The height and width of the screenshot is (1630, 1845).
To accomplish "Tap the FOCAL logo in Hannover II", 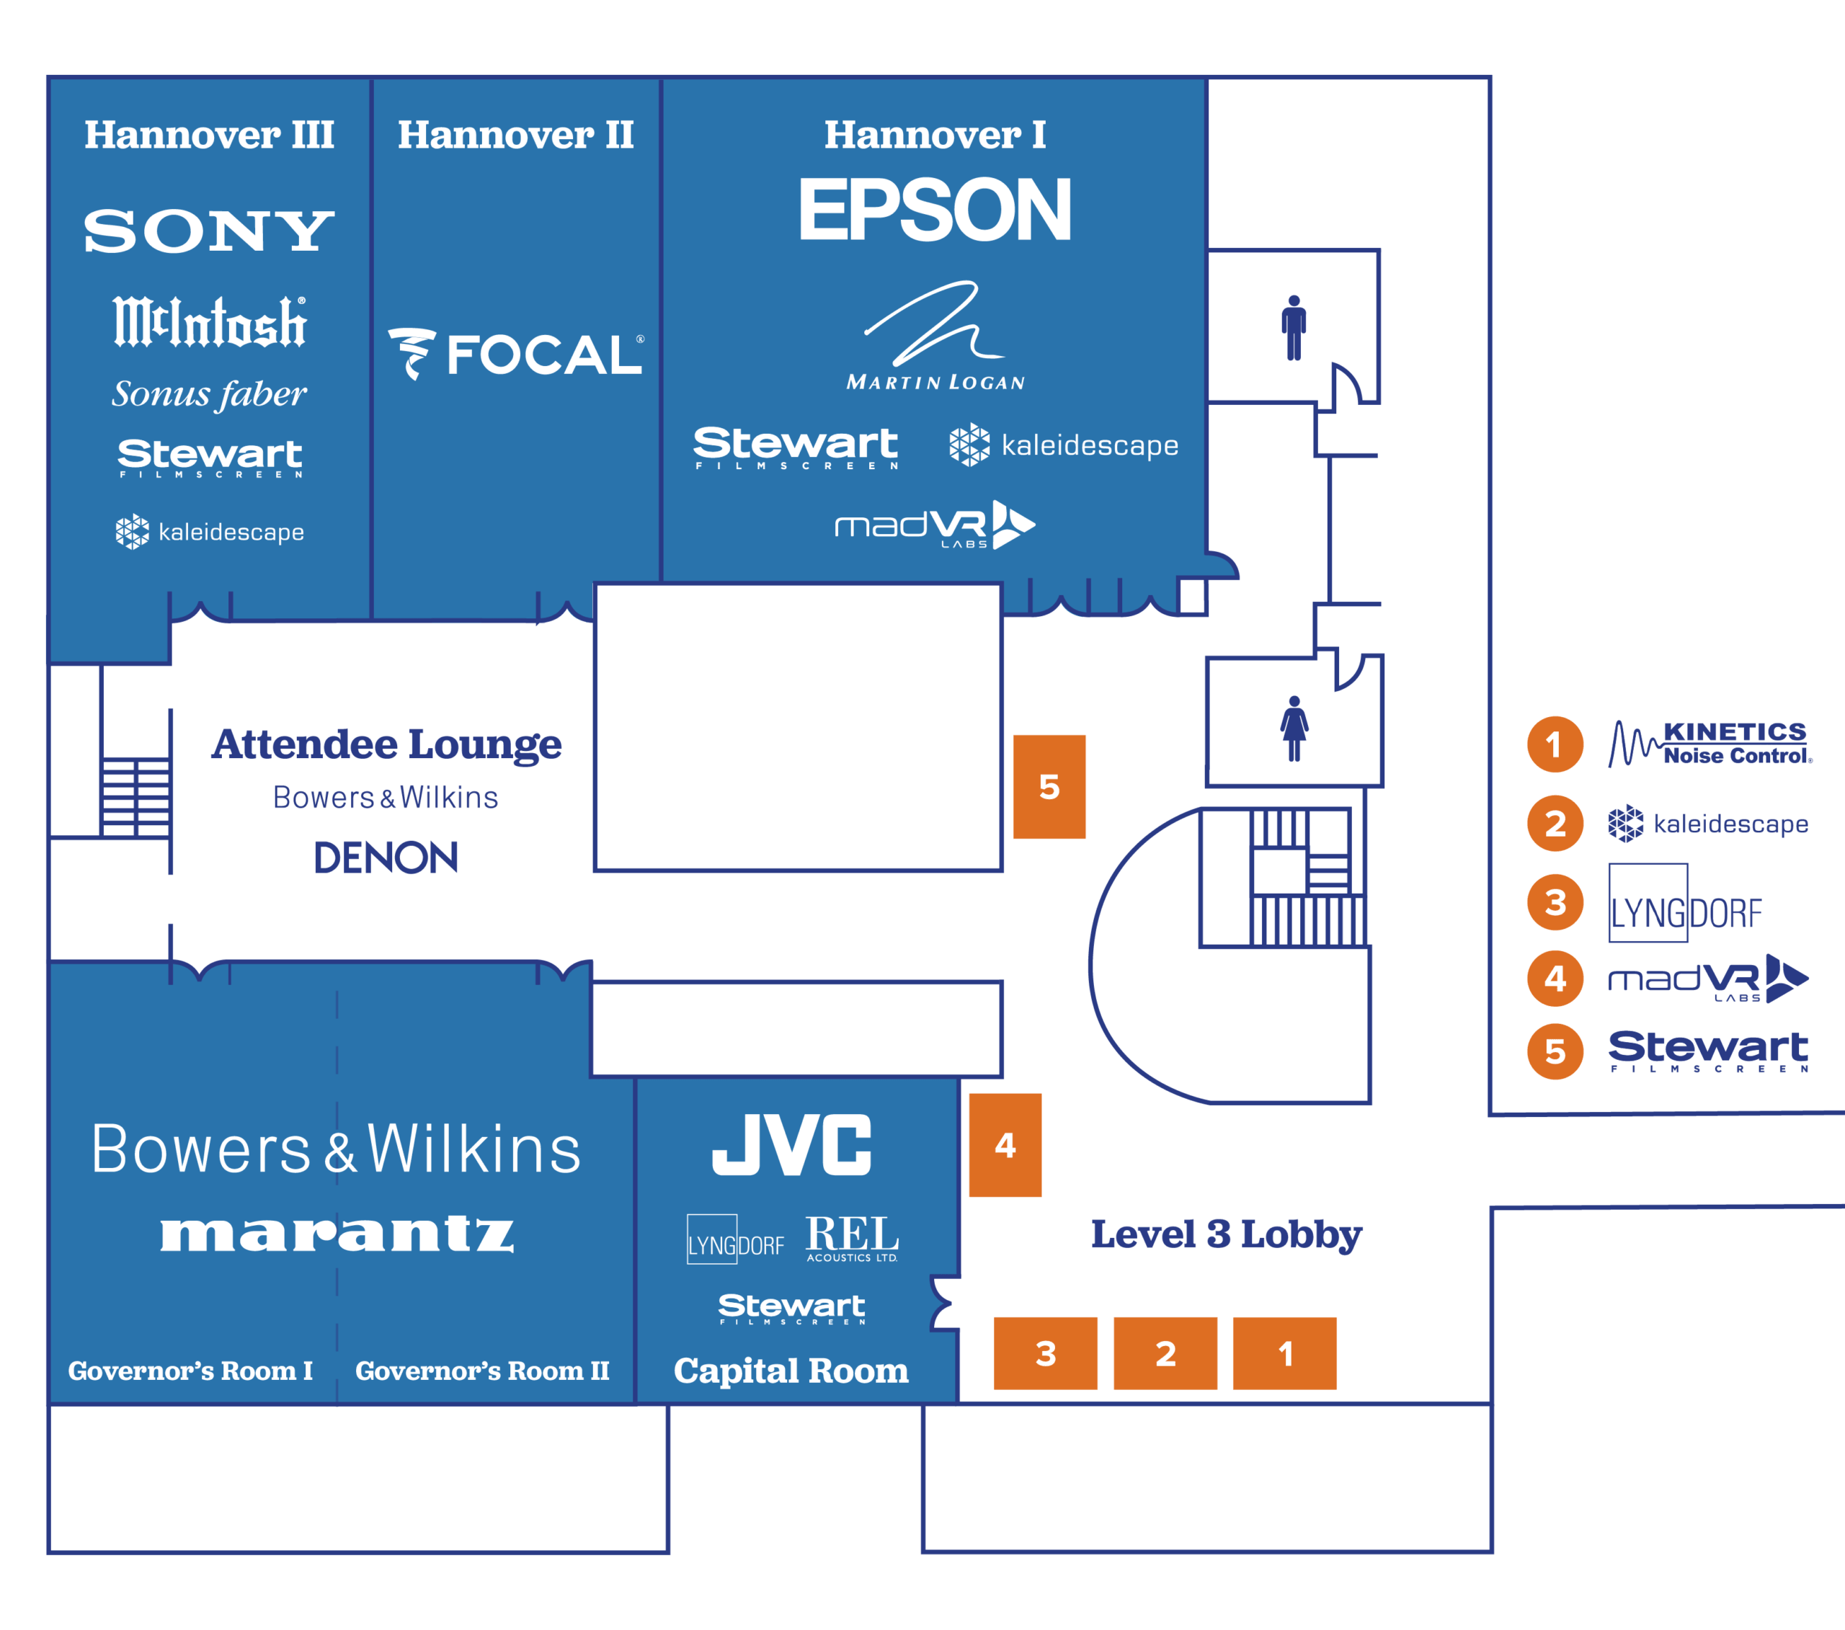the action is point(515,354).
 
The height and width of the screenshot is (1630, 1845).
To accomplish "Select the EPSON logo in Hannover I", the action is point(934,210).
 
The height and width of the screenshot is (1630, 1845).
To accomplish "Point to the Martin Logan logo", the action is point(935,336).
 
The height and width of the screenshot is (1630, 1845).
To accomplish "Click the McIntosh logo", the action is point(210,321).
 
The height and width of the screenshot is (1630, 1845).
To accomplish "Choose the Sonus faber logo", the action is point(210,394).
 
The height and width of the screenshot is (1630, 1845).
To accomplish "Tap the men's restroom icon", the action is point(1294,328).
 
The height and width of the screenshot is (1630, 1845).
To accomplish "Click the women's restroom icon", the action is point(1294,729).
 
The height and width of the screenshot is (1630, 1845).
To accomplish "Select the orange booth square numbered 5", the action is point(1049,786).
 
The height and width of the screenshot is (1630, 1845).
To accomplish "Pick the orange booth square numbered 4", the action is point(1005,1144).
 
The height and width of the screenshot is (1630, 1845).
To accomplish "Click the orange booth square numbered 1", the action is point(1284,1353).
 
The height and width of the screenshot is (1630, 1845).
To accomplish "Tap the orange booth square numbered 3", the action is point(1045,1353).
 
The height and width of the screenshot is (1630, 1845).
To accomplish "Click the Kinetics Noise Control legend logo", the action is point(1710,744).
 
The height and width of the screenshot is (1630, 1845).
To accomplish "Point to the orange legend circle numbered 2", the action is point(1555,823).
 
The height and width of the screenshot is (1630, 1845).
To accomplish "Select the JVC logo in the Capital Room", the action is point(791,1144).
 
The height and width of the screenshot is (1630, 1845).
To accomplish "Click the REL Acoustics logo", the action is point(852,1237).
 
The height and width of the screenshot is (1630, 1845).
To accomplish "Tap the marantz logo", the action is point(337,1233).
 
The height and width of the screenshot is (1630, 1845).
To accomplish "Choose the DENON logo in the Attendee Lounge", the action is point(386,858).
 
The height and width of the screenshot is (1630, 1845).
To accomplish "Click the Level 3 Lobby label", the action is point(1226,1234).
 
